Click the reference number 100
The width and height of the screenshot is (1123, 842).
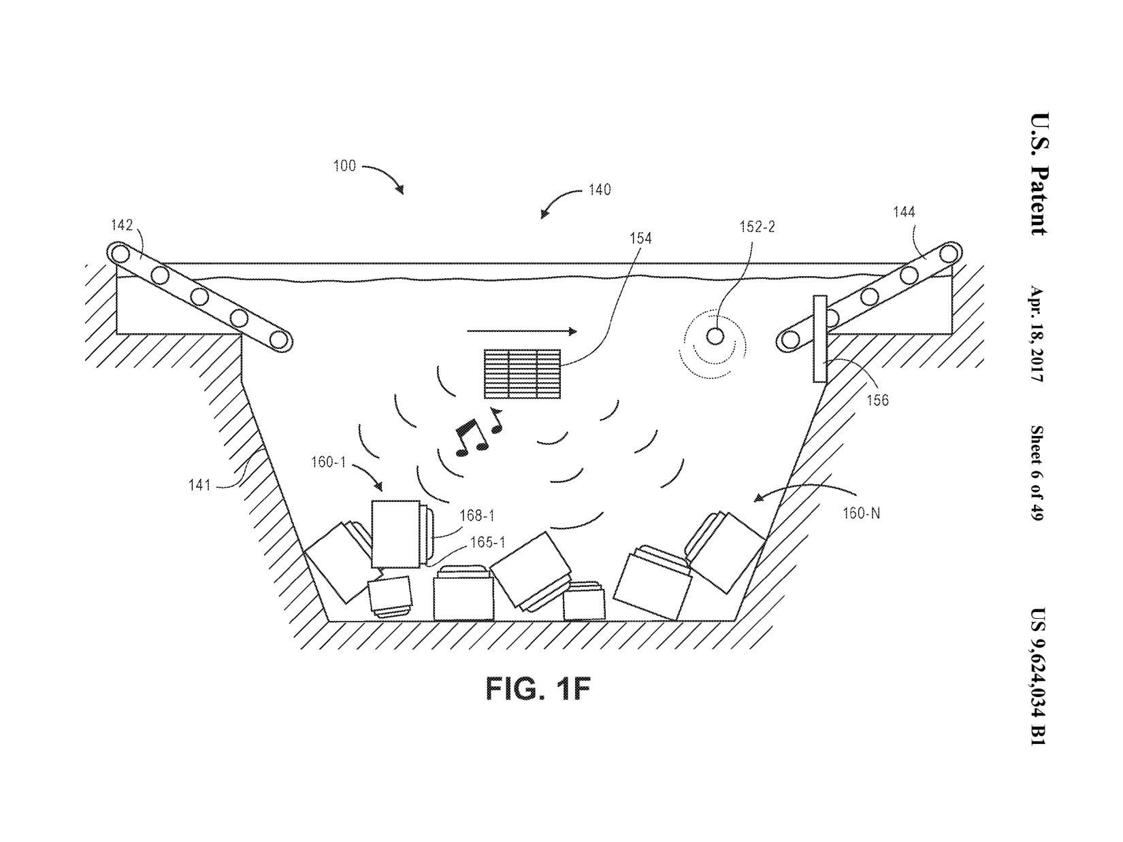pos(344,166)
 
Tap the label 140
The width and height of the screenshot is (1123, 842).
pos(600,190)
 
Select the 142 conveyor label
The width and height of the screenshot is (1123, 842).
pos(122,225)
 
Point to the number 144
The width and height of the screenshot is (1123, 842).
pos(904,212)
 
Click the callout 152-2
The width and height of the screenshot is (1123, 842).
pos(758,226)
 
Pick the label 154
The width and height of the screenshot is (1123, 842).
pos(640,238)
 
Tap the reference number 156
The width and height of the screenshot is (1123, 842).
pos(877,401)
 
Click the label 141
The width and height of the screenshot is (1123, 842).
pos(199,485)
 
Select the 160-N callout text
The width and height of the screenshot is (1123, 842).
pos(862,513)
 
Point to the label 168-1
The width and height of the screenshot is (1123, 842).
pos(477,516)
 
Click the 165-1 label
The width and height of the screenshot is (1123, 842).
pos(487,542)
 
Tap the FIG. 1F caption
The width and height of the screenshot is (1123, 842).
pos(538,688)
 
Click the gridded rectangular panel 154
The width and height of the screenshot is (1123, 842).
pos(522,373)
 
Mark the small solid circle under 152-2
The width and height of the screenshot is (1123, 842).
pos(715,337)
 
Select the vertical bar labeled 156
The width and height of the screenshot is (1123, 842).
pos(819,339)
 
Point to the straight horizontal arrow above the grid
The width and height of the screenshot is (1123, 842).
pos(522,331)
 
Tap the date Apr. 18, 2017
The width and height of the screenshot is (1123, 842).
pos(1036,334)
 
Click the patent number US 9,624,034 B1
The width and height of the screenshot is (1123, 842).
pos(1037,676)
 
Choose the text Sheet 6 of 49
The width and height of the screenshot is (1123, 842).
pos(1036,473)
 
